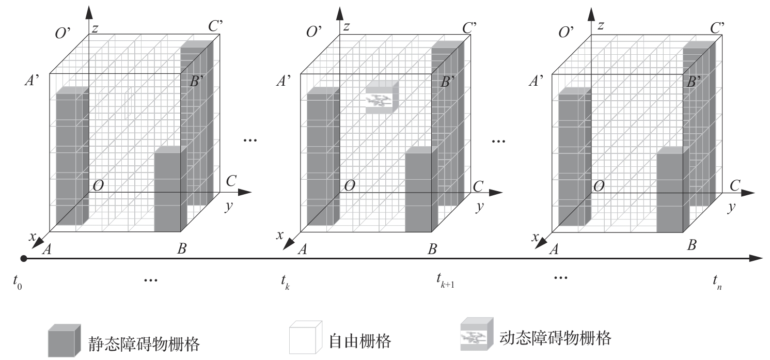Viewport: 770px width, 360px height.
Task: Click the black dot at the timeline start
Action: click(x=23, y=258)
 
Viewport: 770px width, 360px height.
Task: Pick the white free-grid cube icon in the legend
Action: click(x=305, y=338)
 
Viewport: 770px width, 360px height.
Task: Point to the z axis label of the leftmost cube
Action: click(x=95, y=29)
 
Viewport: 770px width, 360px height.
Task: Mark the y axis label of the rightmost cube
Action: click(x=731, y=208)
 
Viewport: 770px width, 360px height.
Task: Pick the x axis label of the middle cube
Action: click(x=279, y=236)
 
